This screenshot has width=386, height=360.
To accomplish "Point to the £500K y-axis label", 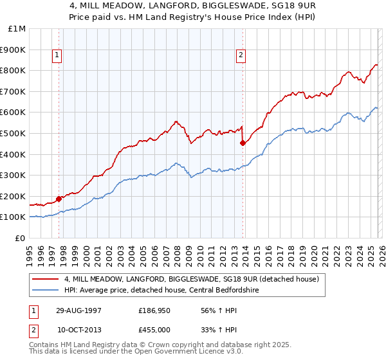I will [x=13, y=133].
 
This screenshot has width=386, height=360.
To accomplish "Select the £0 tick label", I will [x=20, y=238].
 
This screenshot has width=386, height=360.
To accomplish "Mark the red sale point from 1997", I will [x=59, y=199].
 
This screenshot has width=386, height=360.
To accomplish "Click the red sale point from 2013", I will [x=243, y=143].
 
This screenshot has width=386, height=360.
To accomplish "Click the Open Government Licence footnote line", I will [x=122, y=353].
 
